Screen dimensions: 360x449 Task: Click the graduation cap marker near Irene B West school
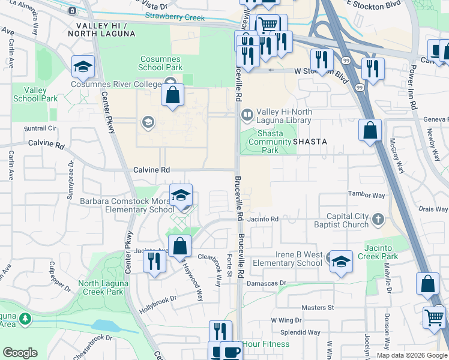(341, 262)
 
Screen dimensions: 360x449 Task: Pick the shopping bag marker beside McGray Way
(370, 130)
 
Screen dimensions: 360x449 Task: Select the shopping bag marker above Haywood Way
(179, 245)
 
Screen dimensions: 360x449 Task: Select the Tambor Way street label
(367, 195)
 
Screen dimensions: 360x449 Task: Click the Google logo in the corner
(20, 353)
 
